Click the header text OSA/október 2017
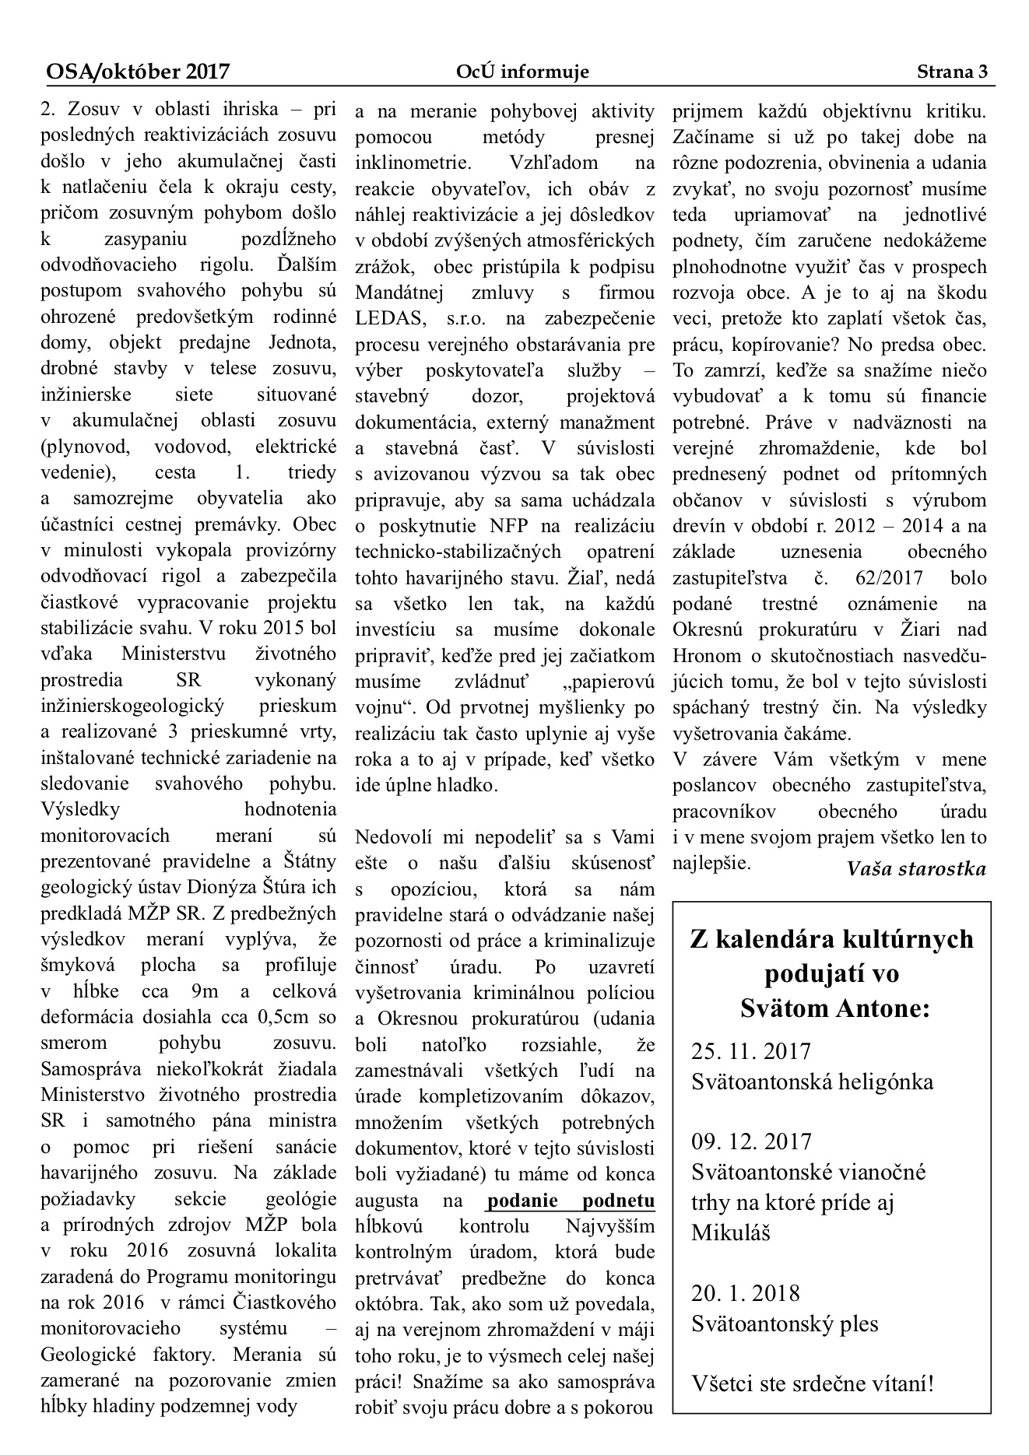click(x=138, y=72)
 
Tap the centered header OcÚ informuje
click(x=522, y=72)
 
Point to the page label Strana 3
click(x=951, y=72)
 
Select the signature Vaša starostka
click(x=915, y=869)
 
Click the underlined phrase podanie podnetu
click(x=571, y=1201)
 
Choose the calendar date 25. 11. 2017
click(x=751, y=1052)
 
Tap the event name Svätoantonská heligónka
click(x=812, y=1082)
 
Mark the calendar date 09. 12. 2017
click(x=751, y=1141)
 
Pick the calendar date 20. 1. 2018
click(x=745, y=1293)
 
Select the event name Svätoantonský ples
click(x=785, y=1324)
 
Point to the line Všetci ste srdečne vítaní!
click(x=812, y=1384)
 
